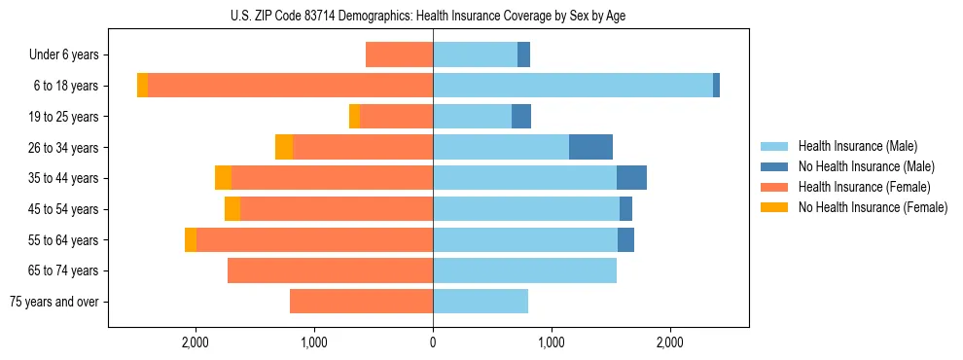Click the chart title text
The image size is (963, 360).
(x=433, y=16)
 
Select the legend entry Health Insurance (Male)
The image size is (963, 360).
(x=857, y=147)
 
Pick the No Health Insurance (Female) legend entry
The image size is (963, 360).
(x=873, y=207)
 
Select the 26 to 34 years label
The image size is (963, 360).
(x=64, y=148)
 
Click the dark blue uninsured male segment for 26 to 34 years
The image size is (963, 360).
(x=590, y=147)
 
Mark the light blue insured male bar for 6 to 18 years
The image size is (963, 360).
(x=573, y=86)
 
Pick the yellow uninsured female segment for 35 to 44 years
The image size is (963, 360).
(x=223, y=178)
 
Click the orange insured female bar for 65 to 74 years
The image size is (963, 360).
(x=330, y=270)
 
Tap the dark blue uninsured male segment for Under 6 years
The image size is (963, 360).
(x=523, y=54)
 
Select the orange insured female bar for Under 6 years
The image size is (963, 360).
(x=399, y=54)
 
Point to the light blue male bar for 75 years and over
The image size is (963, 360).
(x=481, y=302)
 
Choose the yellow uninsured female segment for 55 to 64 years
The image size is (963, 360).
(x=191, y=239)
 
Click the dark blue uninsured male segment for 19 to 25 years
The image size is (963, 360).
(x=521, y=117)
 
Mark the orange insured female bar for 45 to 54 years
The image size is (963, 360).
(x=337, y=209)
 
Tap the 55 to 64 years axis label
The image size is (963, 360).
(x=64, y=240)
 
